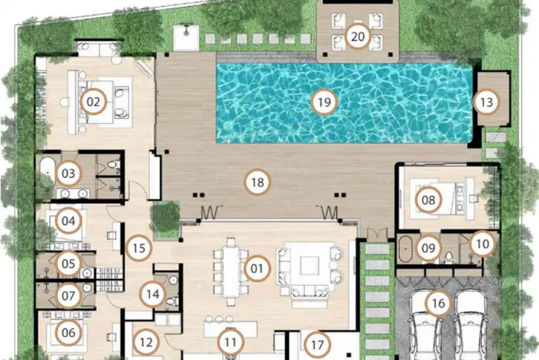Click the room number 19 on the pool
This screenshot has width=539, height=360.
pyautogui.click(x=324, y=102)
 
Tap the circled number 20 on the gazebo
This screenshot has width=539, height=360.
pyautogui.click(x=358, y=36)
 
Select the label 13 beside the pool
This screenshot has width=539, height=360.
pyautogui.click(x=486, y=102)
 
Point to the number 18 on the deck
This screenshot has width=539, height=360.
pyautogui.click(x=257, y=182)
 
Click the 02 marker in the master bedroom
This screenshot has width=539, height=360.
pyautogui.click(x=93, y=102)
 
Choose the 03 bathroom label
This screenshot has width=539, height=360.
pyautogui.click(x=68, y=173)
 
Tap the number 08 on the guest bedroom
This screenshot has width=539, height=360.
pyautogui.click(x=428, y=200)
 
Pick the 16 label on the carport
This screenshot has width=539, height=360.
pyautogui.click(x=438, y=304)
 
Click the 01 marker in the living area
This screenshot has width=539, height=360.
pyautogui.click(x=256, y=268)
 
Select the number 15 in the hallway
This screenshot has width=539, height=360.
pyautogui.click(x=139, y=248)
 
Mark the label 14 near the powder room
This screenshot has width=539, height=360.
pyautogui.click(x=153, y=294)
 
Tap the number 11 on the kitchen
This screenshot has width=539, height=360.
pyautogui.click(x=230, y=342)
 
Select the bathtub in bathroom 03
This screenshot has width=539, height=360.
pyautogui.click(x=47, y=172)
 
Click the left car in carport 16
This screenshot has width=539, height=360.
pyautogui.click(x=425, y=325)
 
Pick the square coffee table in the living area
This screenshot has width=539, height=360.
pyautogui.click(x=309, y=266)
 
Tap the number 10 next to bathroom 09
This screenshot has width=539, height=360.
pyautogui.click(x=483, y=243)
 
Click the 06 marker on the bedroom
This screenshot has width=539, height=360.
pyautogui.click(x=68, y=333)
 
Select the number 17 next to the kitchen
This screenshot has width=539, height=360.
pyautogui.click(x=317, y=344)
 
